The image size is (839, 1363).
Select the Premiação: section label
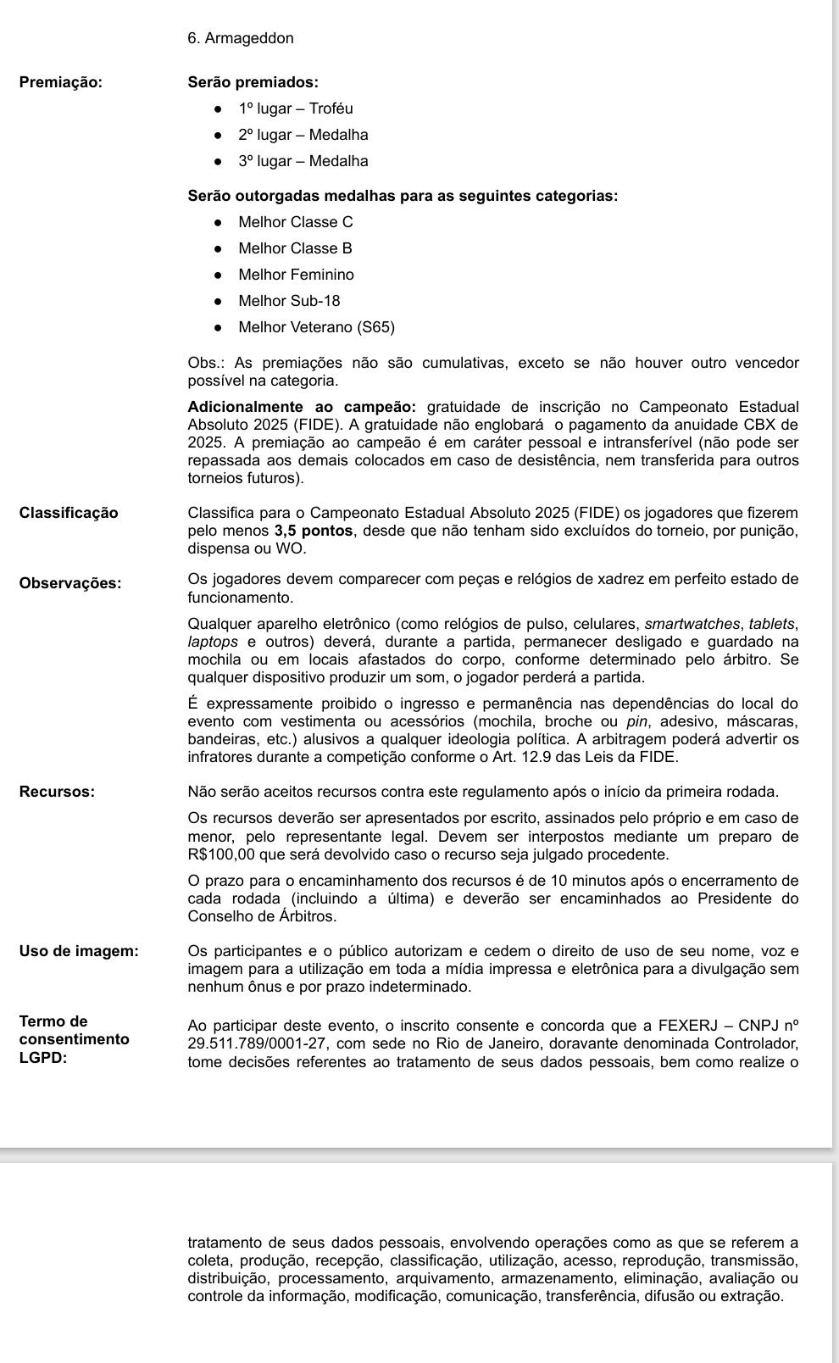(60, 82)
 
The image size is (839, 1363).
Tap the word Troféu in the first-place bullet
(331, 108)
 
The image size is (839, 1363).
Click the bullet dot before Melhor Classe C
(219, 222)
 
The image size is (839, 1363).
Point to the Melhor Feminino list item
(296, 275)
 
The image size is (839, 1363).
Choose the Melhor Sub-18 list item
(289, 301)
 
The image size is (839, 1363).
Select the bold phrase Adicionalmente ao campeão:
(302, 407)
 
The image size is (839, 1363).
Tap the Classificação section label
(69, 513)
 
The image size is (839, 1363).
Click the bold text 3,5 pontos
(313, 531)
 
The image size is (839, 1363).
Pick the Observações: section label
(70, 583)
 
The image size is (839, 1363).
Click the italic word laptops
(213, 643)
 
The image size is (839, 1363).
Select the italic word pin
(636, 721)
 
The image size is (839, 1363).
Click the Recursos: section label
(57, 792)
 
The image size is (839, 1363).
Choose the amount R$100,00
(225, 854)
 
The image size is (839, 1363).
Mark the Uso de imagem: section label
(79, 951)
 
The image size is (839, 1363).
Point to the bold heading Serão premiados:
(253, 82)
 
